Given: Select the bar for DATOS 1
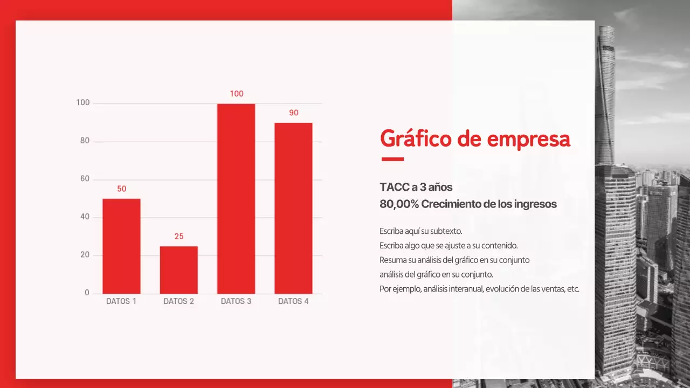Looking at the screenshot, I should point(121,246).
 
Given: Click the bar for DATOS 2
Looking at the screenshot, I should point(178,270).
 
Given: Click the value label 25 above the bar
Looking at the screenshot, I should point(179,237).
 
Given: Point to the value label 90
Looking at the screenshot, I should point(293,113).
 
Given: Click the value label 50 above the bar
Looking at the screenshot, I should point(122,189).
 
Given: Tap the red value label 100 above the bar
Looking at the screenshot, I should point(236,94).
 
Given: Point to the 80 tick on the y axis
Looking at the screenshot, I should point(85,141).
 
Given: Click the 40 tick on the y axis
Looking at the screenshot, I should point(85,217).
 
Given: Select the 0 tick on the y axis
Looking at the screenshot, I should point(87,293).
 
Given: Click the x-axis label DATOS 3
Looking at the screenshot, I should point(236,301).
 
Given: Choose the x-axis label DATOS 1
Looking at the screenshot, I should point(121,301).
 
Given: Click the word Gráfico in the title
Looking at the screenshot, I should point(416,139).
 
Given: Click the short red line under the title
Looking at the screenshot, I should point(392,159).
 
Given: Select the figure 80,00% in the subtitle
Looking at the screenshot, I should point(399,204).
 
